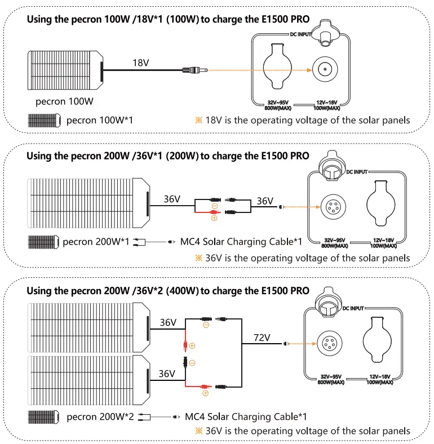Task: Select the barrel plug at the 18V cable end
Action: point(194,70)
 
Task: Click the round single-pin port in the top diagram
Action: point(325,69)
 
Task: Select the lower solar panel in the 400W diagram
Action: point(88,381)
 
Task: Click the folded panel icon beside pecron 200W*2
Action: point(44,418)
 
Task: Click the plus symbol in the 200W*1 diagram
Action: point(214,217)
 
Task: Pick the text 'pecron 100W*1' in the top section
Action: point(100,120)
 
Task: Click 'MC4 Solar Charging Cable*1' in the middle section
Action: point(241,242)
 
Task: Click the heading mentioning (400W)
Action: point(168,291)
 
